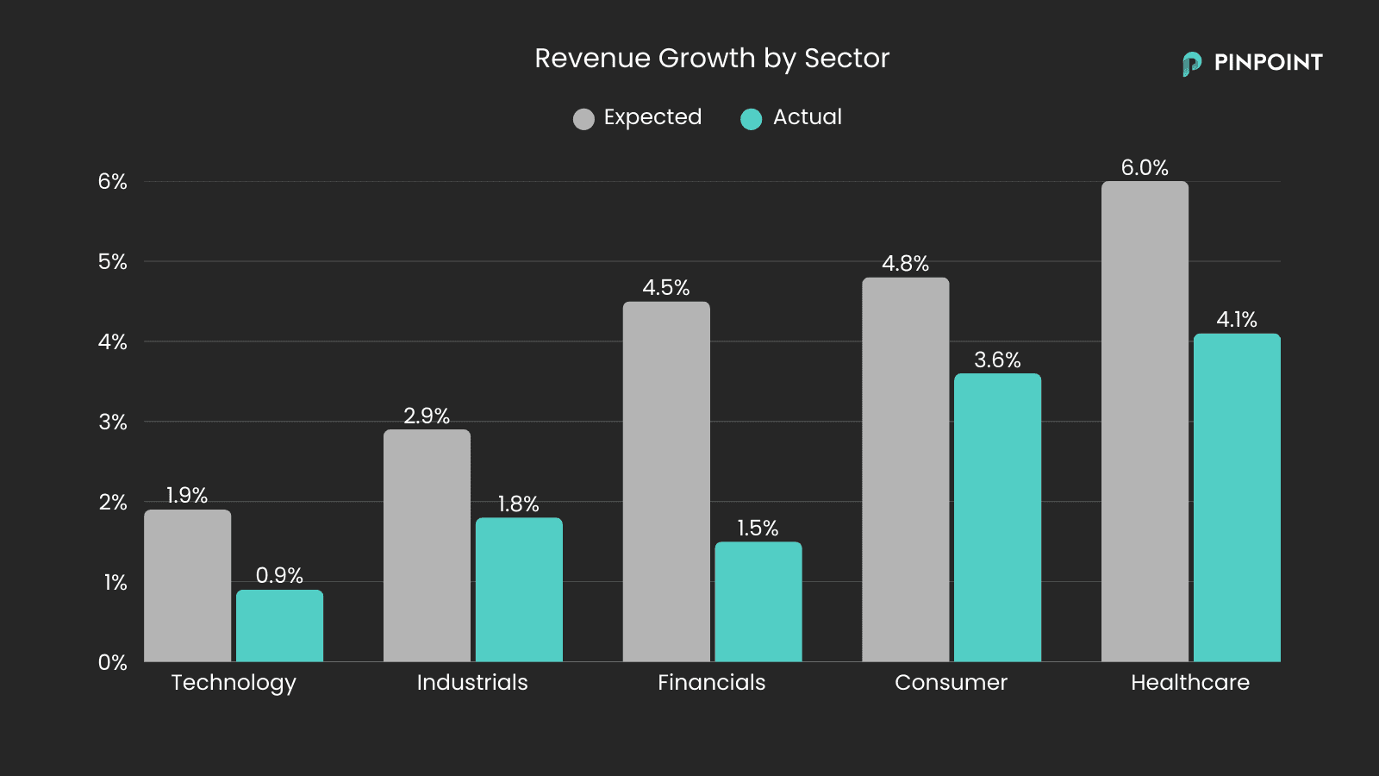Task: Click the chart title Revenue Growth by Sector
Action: [711, 58]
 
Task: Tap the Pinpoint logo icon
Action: [1191, 64]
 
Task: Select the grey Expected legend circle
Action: [583, 119]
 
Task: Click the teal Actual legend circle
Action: [751, 119]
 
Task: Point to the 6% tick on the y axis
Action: [112, 182]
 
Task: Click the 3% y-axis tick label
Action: [112, 422]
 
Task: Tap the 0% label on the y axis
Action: [112, 662]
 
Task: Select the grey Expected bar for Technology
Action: [187, 586]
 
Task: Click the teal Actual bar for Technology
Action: [279, 626]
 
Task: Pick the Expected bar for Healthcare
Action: [1145, 422]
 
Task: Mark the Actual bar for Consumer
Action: [997, 517]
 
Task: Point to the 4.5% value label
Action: [665, 287]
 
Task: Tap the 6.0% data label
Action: [1145, 167]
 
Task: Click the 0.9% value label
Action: [279, 575]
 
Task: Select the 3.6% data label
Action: [997, 360]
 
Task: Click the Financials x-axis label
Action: [711, 682]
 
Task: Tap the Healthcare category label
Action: [1189, 682]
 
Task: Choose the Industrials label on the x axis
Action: [471, 682]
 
